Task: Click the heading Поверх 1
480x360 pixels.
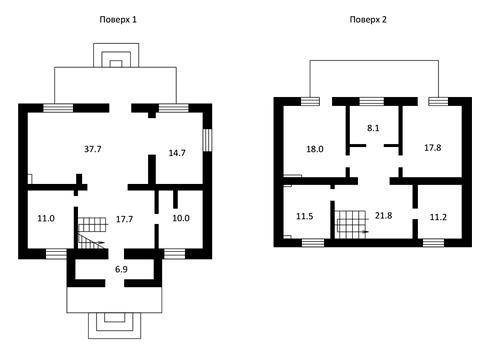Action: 118,20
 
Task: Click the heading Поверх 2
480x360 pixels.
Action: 368,20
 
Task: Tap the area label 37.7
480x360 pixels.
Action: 93,149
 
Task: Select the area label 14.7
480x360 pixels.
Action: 177,153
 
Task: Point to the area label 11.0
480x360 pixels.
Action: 46,219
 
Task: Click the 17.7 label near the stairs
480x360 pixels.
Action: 124,219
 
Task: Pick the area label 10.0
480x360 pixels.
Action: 181,218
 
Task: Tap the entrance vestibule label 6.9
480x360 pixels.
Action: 121,269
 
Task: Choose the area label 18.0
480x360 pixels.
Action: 315,149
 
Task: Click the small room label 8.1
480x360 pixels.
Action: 373,128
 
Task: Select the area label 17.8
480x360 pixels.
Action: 433,147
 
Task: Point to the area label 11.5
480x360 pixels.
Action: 305,216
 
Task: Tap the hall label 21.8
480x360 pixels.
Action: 383,216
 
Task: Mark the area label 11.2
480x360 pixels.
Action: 438,217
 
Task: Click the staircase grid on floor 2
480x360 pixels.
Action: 350,224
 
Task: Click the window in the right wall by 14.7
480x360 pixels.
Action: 207,140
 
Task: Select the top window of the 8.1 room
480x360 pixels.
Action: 372,101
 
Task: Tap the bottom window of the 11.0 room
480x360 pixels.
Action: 56,254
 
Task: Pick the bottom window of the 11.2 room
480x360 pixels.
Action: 433,243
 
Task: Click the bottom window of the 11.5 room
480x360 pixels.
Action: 313,243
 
